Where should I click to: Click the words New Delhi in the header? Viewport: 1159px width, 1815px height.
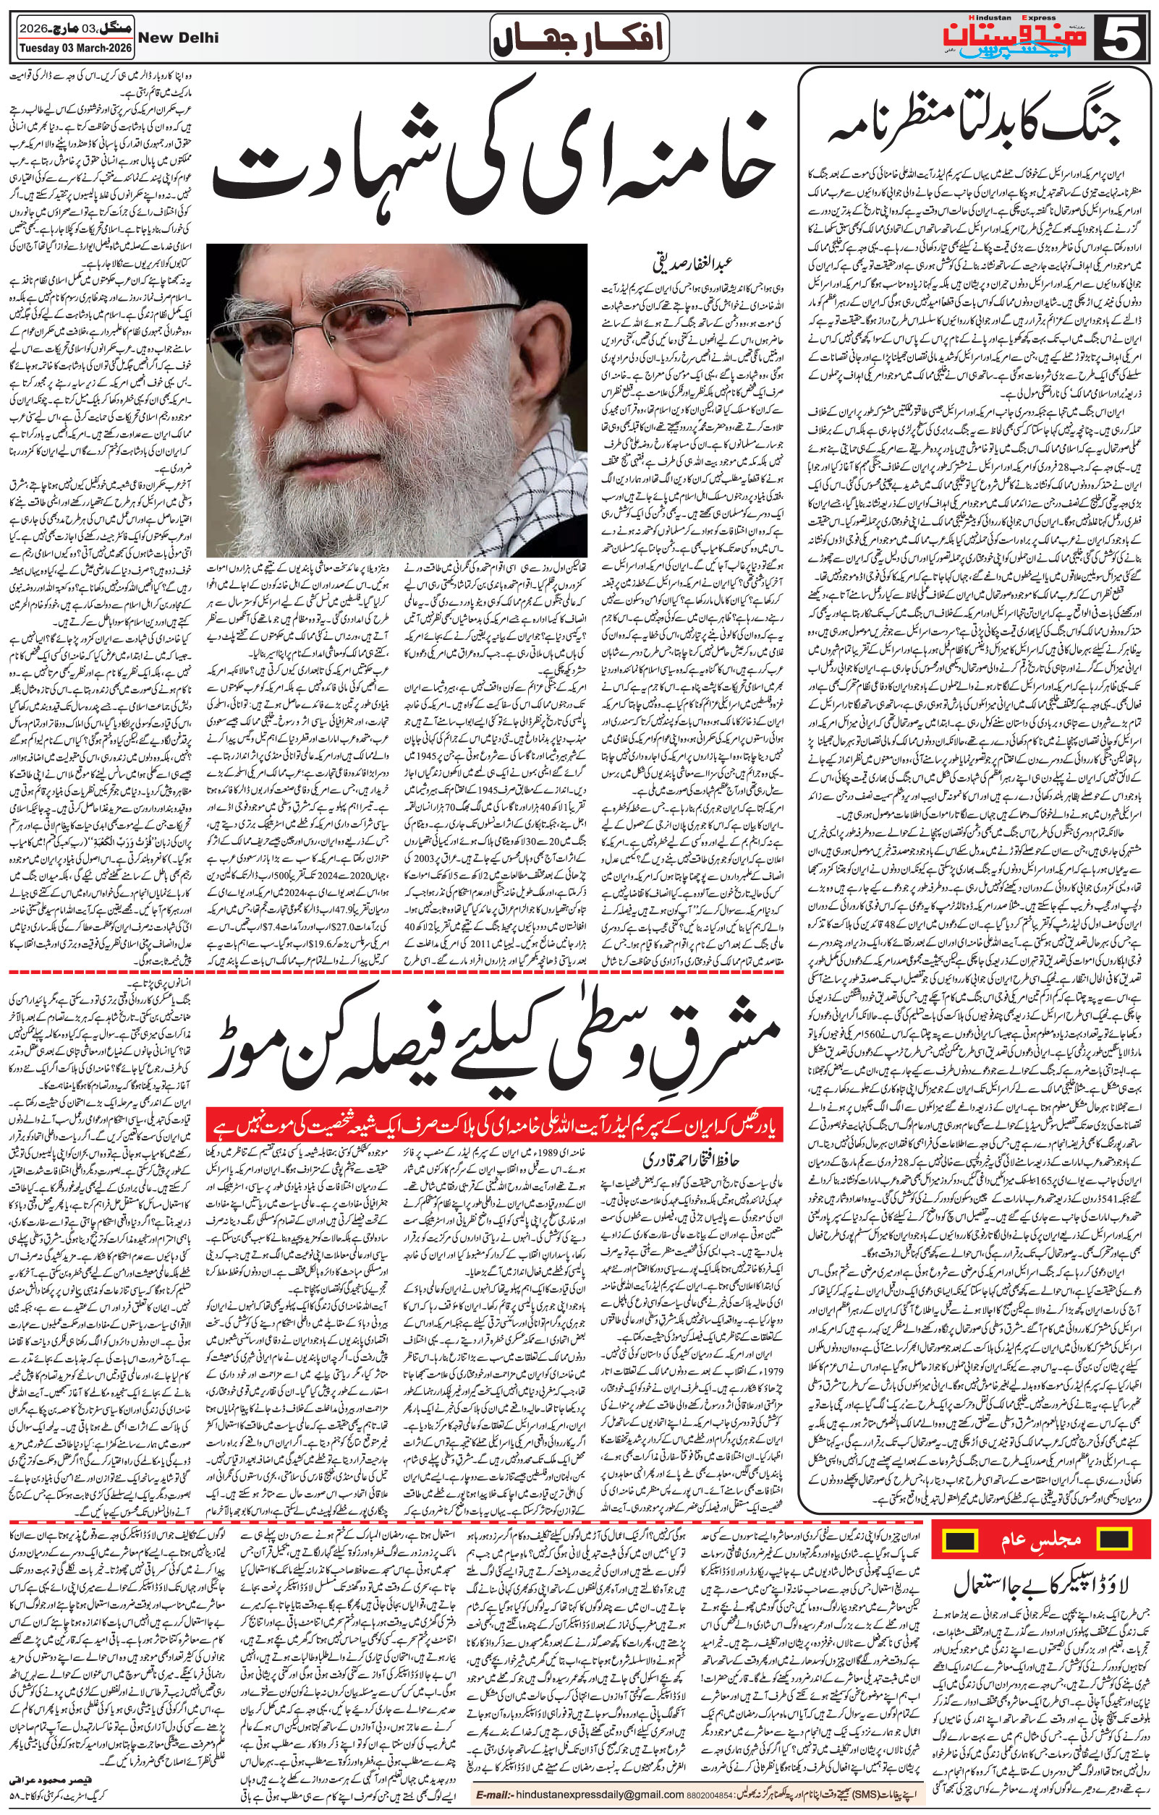pos(179,37)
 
